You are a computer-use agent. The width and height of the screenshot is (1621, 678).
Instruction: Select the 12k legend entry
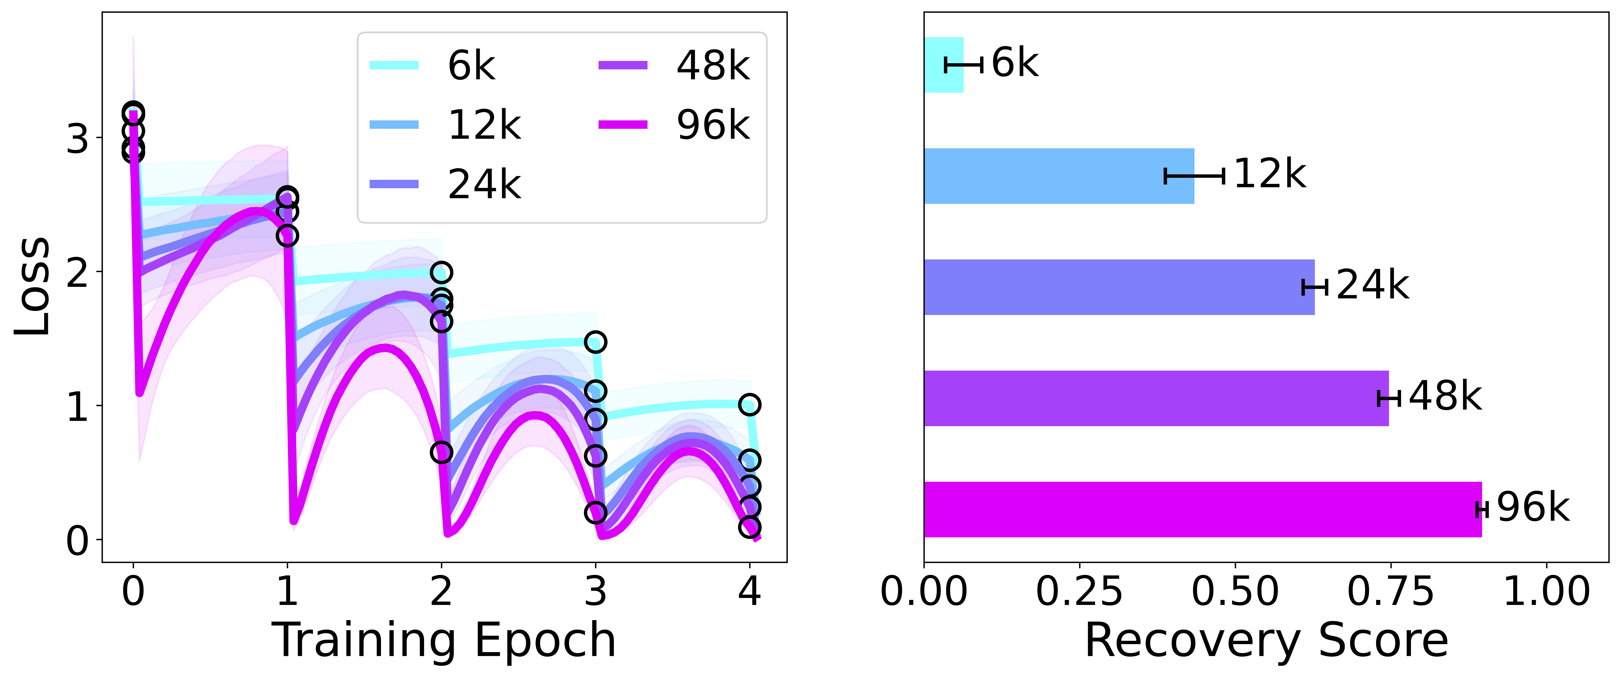coord(446,125)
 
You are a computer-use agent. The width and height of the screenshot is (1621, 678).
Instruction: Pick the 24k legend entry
coord(446,184)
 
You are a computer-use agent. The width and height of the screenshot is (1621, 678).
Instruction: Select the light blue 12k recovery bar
coord(1059,176)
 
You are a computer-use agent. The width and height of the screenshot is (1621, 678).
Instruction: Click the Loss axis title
coord(33,286)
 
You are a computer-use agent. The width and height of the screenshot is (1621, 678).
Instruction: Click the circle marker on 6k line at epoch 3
coord(595,342)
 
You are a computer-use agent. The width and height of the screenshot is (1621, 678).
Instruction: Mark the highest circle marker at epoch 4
coord(749,404)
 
